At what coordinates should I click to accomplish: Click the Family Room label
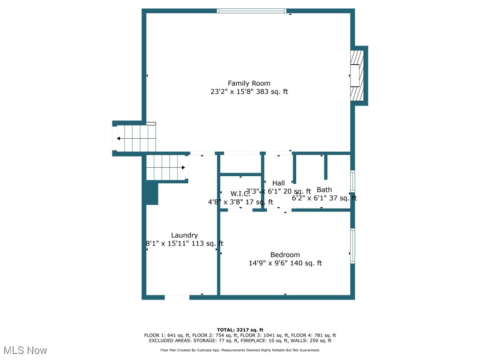point(249,83)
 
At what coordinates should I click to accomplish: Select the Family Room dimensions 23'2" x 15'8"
point(249,92)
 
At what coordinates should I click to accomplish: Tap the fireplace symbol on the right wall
point(357,75)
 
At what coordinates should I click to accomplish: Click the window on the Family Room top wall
point(252,11)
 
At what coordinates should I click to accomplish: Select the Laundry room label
point(184,235)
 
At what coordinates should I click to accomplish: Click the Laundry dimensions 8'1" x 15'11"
point(184,244)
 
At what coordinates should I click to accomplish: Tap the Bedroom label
point(285,255)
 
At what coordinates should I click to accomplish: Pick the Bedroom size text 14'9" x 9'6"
point(285,263)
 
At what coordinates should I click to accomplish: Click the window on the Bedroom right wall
point(352,246)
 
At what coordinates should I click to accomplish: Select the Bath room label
point(324,190)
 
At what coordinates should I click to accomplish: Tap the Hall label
point(278,183)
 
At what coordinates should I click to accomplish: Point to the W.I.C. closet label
point(240,194)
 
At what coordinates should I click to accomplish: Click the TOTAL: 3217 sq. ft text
point(240,330)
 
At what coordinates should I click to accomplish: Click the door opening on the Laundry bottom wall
point(177,297)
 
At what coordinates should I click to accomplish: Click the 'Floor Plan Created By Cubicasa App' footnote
point(240,350)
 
